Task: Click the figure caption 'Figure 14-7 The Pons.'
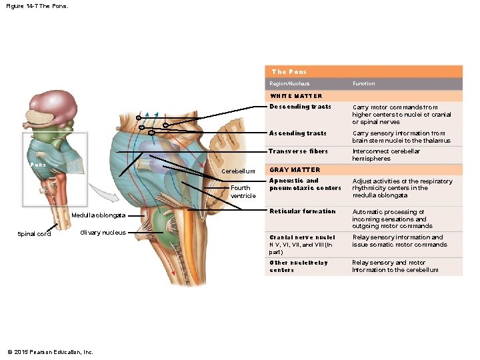(x=36, y=7)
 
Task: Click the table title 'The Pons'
(x=289, y=71)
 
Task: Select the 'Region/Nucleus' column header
(x=289, y=84)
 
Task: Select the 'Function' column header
(x=363, y=84)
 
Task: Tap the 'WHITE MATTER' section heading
(x=295, y=96)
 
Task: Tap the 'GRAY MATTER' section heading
(x=294, y=170)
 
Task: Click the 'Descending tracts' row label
(x=300, y=107)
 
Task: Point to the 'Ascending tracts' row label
(x=297, y=133)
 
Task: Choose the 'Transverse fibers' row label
(x=298, y=151)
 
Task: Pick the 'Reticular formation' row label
(x=302, y=211)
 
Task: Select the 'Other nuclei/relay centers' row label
(x=299, y=266)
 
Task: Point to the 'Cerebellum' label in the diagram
(x=238, y=171)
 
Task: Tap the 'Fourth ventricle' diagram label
(x=243, y=192)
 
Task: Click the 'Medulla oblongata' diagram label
(x=97, y=215)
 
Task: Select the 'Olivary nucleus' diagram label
(x=103, y=233)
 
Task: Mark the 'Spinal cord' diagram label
(x=34, y=234)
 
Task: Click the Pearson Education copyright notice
(x=50, y=352)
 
